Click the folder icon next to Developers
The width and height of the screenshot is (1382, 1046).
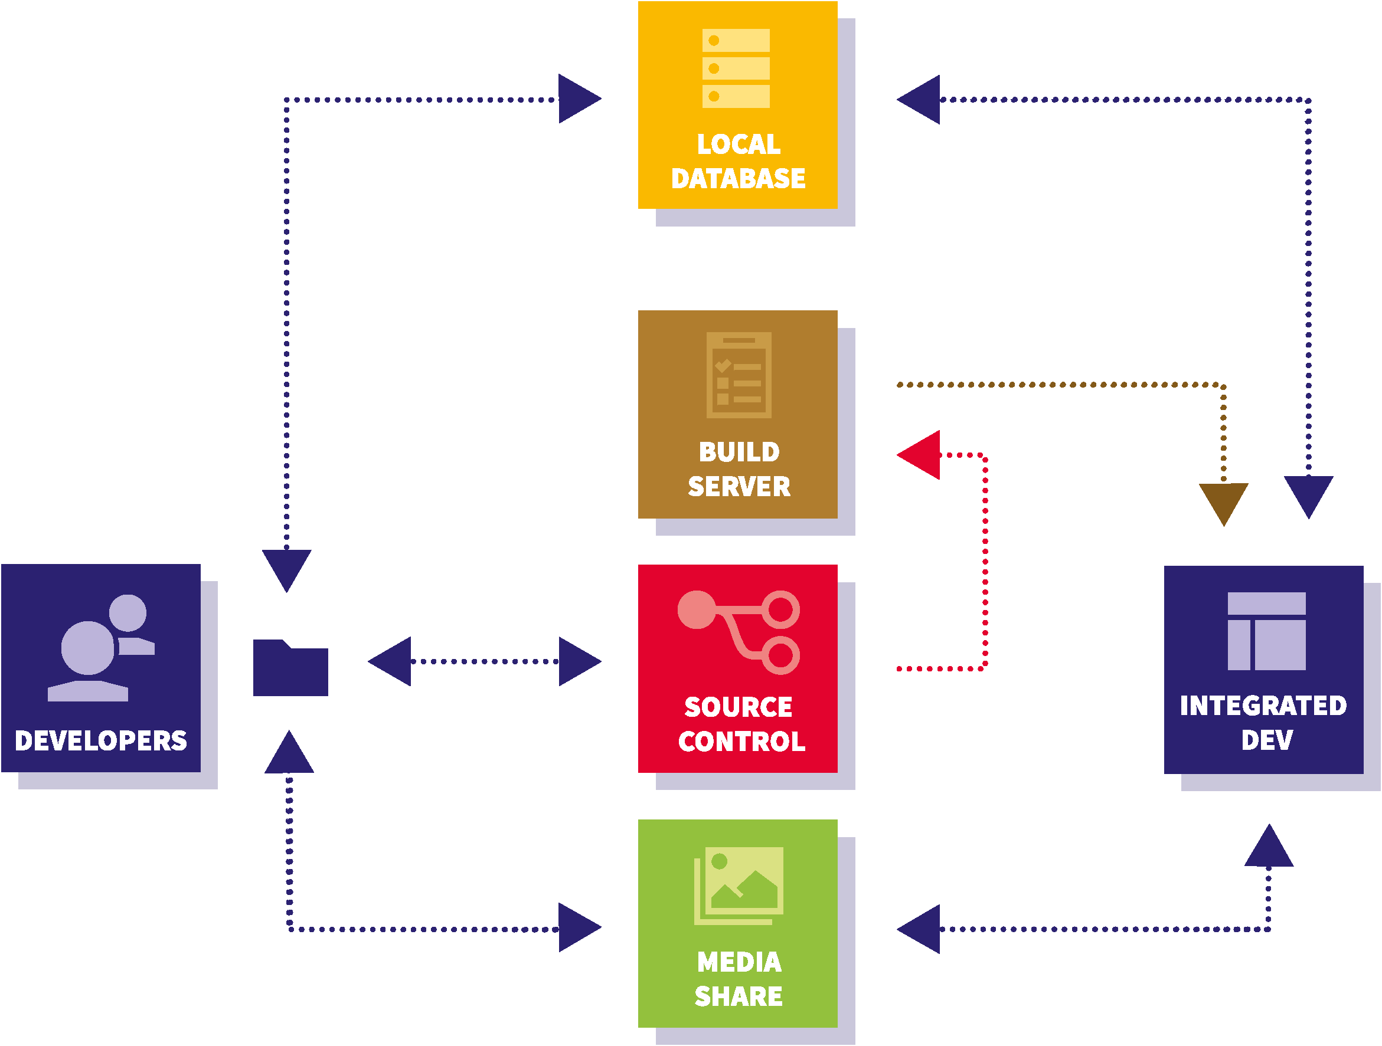coord(290,670)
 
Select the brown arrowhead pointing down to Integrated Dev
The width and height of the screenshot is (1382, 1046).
coord(1223,501)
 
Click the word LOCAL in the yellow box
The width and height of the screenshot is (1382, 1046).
coord(739,145)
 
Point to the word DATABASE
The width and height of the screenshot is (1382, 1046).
coord(738,179)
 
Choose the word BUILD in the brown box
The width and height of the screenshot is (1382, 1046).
coord(739,452)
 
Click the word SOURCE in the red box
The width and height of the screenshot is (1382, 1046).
coord(738,707)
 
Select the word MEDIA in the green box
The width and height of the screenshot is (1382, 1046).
coord(739,962)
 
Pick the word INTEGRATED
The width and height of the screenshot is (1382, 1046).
coord(1263,706)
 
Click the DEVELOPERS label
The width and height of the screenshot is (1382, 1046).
coord(100,740)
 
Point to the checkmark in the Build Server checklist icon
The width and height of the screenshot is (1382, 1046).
coord(723,365)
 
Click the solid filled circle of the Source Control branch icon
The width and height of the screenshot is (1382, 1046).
coord(696,609)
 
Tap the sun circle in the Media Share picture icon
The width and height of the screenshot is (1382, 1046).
coord(719,861)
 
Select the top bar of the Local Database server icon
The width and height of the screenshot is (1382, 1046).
coord(736,41)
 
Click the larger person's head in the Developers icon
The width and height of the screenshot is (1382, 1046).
coord(88,648)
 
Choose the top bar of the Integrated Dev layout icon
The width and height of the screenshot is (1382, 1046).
coord(1266,604)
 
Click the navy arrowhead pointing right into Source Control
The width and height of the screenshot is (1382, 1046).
coord(579,661)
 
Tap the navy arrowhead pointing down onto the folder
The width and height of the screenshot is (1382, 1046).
coord(286,567)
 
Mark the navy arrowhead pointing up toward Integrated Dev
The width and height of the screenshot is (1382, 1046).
coord(1269,848)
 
